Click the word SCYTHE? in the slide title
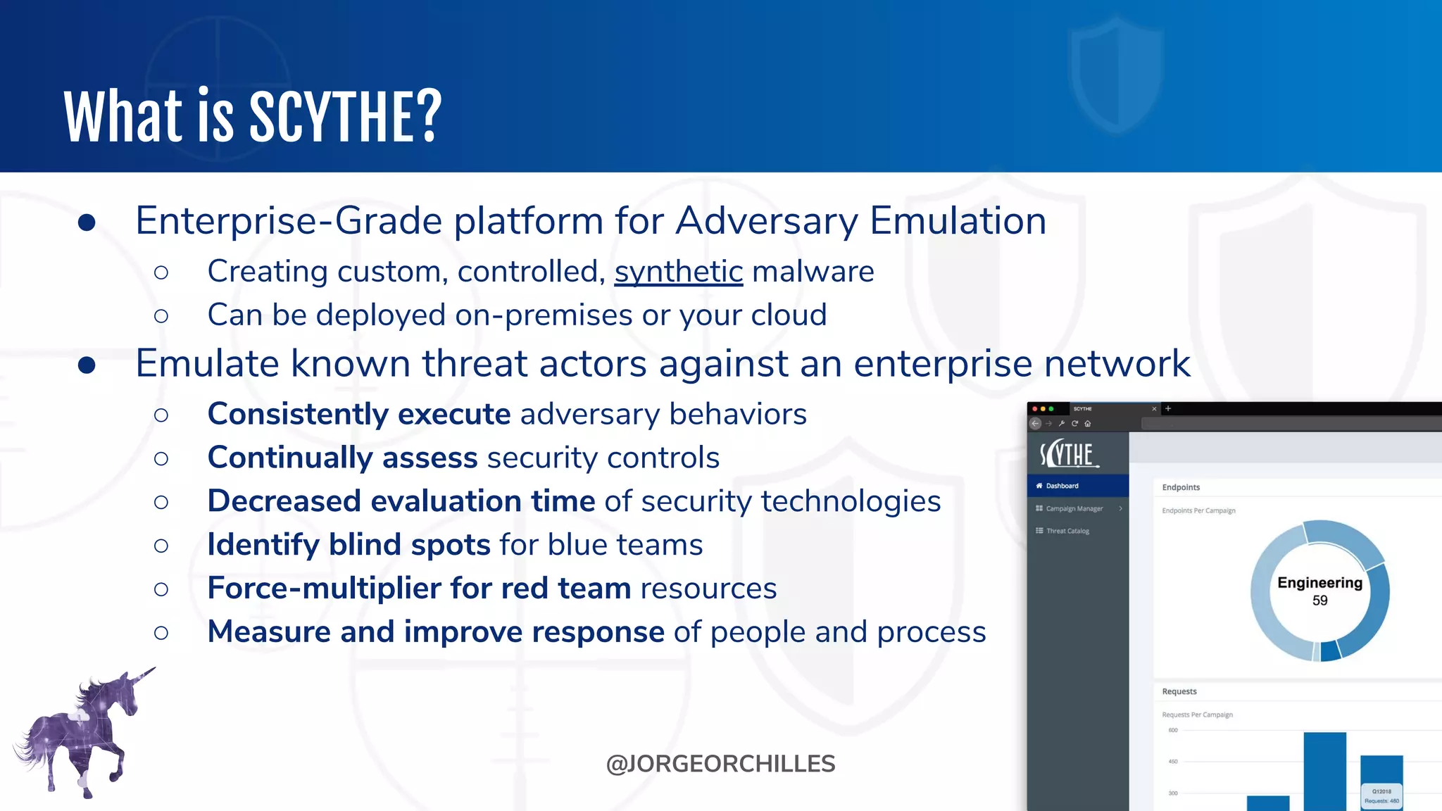click(345, 117)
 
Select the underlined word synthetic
click(678, 272)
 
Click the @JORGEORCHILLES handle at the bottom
click(720, 764)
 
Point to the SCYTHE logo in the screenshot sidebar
click(1068, 455)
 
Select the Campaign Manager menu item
click(1074, 508)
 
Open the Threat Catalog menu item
click(1067, 531)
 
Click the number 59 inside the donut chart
click(1319, 601)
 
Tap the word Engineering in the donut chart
click(1319, 583)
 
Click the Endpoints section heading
click(1181, 487)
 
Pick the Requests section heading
click(1179, 691)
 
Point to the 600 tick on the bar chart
click(1173, 730)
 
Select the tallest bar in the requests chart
click(1324, 771)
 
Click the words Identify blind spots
click(349, 545)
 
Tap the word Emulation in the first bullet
click(958, 221)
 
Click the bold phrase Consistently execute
click(358, 414)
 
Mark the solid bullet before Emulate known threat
click(87, 365)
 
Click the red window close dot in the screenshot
click(1034, 409)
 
